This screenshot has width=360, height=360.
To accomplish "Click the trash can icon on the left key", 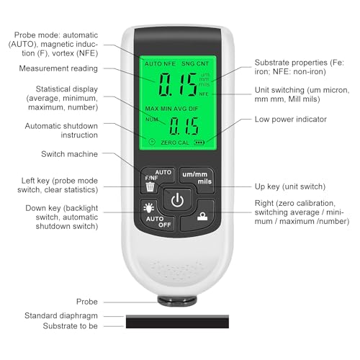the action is (150, 186).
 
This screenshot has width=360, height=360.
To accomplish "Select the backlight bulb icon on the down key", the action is (149, 207).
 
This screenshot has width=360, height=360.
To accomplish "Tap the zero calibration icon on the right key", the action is (202, 216).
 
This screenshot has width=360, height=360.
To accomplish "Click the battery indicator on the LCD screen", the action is (199, 143).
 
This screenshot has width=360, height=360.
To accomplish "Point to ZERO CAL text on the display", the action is (175, 143).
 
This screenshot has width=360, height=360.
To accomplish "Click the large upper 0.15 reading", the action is (178, 84).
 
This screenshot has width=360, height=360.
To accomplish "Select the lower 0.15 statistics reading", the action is (184, 126).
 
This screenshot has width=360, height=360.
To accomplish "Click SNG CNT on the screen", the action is (195, 64).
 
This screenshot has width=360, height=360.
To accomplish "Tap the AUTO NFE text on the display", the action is (160, 64).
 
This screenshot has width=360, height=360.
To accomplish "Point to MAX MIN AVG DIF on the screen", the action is (171, 109).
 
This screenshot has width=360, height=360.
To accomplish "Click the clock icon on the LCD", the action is (152, 142).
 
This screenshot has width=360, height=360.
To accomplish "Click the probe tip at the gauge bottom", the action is (177, 301).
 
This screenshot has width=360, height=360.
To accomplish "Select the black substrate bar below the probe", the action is (177, 322).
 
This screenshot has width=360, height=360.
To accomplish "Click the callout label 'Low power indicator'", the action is (291, 120).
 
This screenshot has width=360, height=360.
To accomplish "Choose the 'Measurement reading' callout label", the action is (58, 68).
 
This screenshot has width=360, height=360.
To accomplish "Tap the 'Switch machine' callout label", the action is (69, 154).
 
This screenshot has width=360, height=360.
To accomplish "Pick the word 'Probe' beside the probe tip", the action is (87, 302).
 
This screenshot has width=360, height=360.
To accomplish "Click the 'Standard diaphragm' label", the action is (61, 316).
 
